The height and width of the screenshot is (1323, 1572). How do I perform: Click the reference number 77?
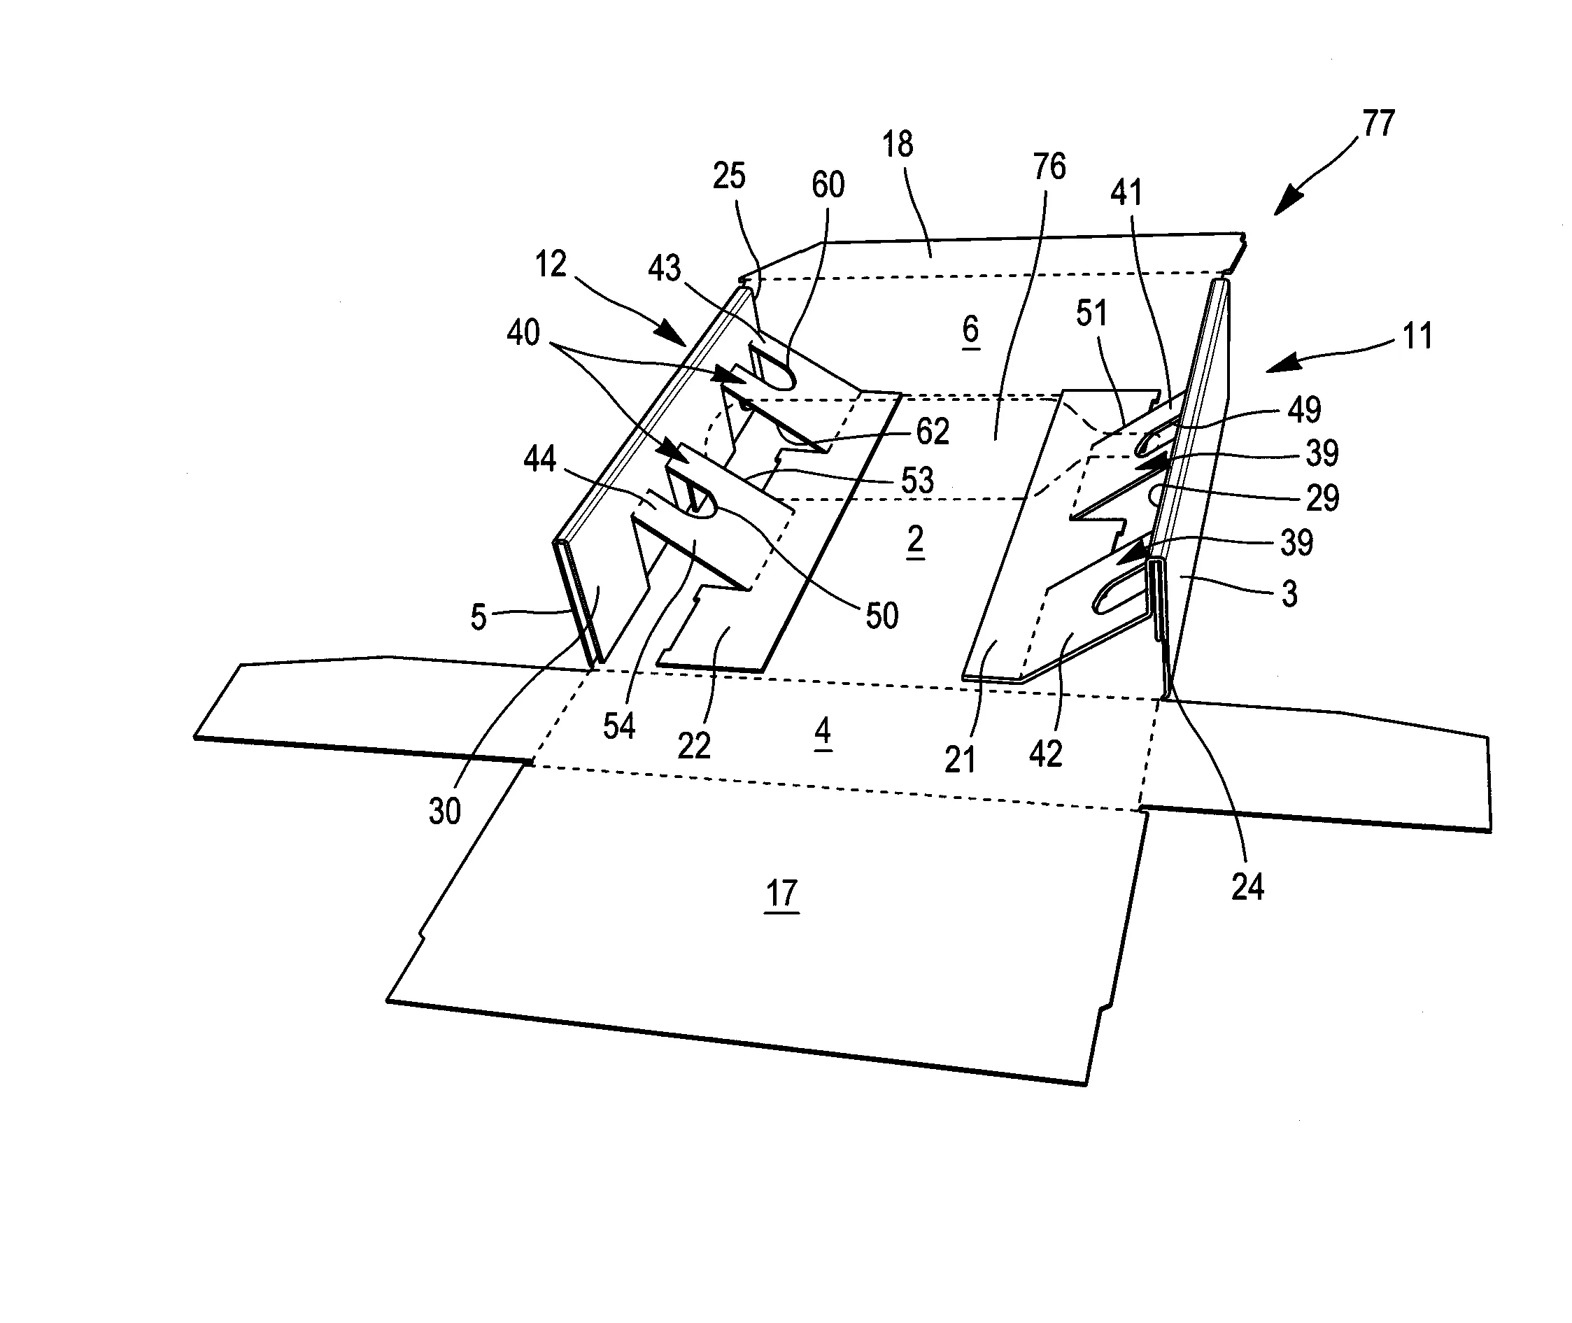tap(1378, 124)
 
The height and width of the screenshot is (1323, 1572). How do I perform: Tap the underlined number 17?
tap(781, 893)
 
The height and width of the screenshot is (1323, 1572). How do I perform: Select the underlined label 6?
tap(970, 330)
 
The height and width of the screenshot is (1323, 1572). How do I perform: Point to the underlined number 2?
tap(915, 539)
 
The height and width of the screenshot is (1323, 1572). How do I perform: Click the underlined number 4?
tap(823, 730)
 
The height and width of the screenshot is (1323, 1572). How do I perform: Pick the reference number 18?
tap(898, 145)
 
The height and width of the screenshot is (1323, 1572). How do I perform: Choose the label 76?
tap(1049, 167)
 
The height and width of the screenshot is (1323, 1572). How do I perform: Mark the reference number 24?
tap(1247, 887)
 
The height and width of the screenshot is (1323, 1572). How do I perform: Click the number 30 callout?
tap(444, 812)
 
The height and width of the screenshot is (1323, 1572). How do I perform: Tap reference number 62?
tap(933, 431)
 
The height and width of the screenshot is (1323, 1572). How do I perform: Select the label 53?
tap(917, 481)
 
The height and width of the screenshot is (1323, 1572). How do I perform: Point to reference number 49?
tap(1304, 410)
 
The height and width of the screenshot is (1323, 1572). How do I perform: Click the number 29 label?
tap(1322, 498)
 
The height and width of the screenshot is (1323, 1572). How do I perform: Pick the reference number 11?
tap(1417, 336)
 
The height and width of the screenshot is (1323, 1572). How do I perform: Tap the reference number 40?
tap(523, 333)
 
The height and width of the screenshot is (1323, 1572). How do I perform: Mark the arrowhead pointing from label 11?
tap(1280, 365)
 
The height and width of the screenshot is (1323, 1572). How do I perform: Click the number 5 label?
tap(478, 617)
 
